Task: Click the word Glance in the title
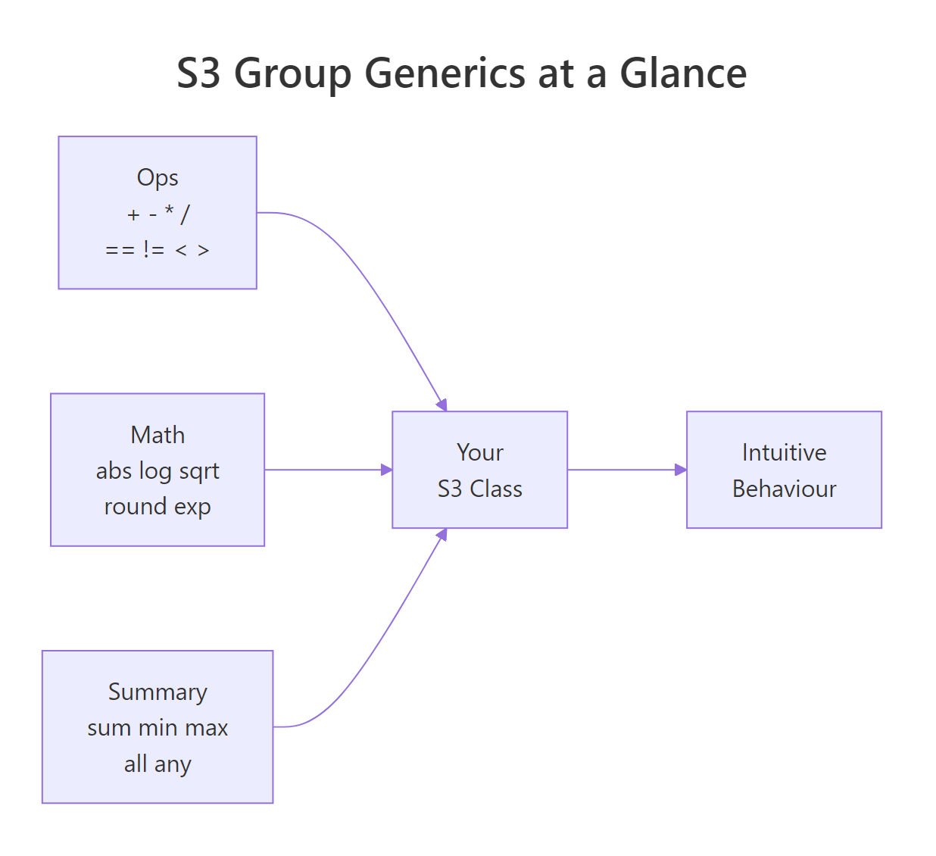tap(683, 73)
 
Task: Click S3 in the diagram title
tap(198, 73)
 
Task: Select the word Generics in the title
tap(445, 73)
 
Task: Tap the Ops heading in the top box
tap(158, 177)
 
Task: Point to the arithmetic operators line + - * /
tap(158, 214)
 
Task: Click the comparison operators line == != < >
tap(158, 250)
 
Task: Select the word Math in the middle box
tap(158, 435)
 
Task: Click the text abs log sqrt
tap(158, 471)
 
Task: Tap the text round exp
tap(158, 506)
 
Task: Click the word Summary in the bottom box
tap(158, 692)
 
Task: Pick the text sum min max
tap(158, 728)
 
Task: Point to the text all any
tap(158, 764)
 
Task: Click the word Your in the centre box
tap(479, 452)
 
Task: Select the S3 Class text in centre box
tap(479, 489)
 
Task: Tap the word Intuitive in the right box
tap(784, 452)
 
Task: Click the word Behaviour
tap(784, 489)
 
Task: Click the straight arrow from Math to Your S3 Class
tap(326, 470)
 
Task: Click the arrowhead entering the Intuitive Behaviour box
tap(681, 470)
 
